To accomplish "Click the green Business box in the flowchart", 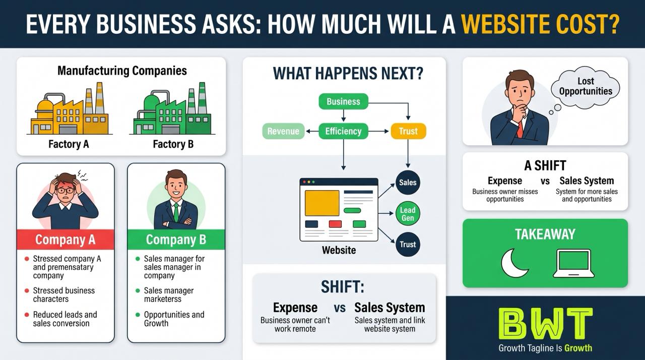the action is [x=343, y=101].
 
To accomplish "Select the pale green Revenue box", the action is [x=283, y=131].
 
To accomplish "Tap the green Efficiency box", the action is [x=343, y=131].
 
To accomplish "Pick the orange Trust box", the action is [x=408, y=131].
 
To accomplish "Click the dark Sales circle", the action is [x=408, y=183].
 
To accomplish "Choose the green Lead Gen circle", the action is [x=408, y=214].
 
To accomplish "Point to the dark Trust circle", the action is [x=408, y=245].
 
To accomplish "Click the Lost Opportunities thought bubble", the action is [x=585, y=88].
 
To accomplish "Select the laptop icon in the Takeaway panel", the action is [x=573, y=264].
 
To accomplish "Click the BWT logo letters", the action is [x=545, y=324].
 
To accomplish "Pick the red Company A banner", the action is [x=66, y=239].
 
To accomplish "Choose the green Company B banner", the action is [x=176, y=239].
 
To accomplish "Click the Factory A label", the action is [x=69, y=144].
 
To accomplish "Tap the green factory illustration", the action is [x=172, y=109].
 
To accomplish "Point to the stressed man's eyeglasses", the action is [x=65, y=191].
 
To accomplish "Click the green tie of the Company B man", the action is [x=176, y=212].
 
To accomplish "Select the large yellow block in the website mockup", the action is [x=322, y=203].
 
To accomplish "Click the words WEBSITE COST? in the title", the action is [x=541, y=24].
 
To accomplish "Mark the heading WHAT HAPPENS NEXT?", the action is [x=348, y=73].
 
